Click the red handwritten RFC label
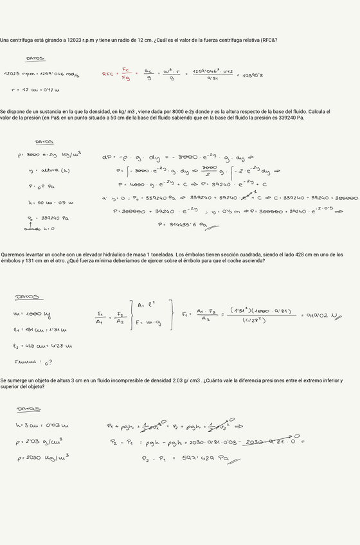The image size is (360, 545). (107, 74)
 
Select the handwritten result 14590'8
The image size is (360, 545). (253, 75)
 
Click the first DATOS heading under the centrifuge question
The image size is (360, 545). (35, 58)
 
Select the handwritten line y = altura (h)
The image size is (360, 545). (49, 170)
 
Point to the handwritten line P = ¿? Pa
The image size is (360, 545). (42, 186)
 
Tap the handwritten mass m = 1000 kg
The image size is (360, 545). (32, 314)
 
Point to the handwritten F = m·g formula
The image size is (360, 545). (149, 322)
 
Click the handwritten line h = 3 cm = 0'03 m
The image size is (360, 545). (42, 425)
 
